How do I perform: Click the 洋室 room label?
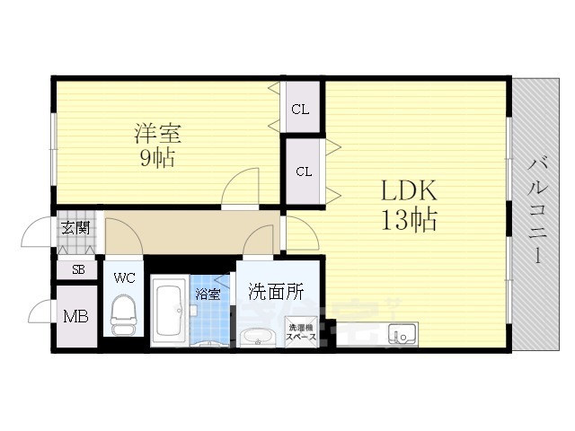click(x=157, y=133)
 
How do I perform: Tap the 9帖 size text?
click(x=157, y=158)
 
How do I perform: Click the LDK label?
click(x=409, y=190)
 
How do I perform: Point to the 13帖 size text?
click(x=409, y=220)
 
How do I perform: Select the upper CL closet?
click(x=303, y=107)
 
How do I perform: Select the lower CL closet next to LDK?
click(x=304, y=172)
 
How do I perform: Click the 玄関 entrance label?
click(x=75, y=228)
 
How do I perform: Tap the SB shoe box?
click(x=77, y=270)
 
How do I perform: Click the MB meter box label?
click(x=75, y=316)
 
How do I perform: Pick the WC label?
click(x=124, y=277)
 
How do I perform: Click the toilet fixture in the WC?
click(x=123, y=315)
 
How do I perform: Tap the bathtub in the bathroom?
click(x=170, y=311)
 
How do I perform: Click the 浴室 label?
click(x=208, y=295)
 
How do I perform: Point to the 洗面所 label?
click(x=276, y=292)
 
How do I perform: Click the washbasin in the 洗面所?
click(x=258, y=337)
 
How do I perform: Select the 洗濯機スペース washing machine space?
click(x=301, y=332)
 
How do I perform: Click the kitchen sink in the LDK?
click(x=402, y=333)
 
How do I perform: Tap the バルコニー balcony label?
click(x=537, y=211)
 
